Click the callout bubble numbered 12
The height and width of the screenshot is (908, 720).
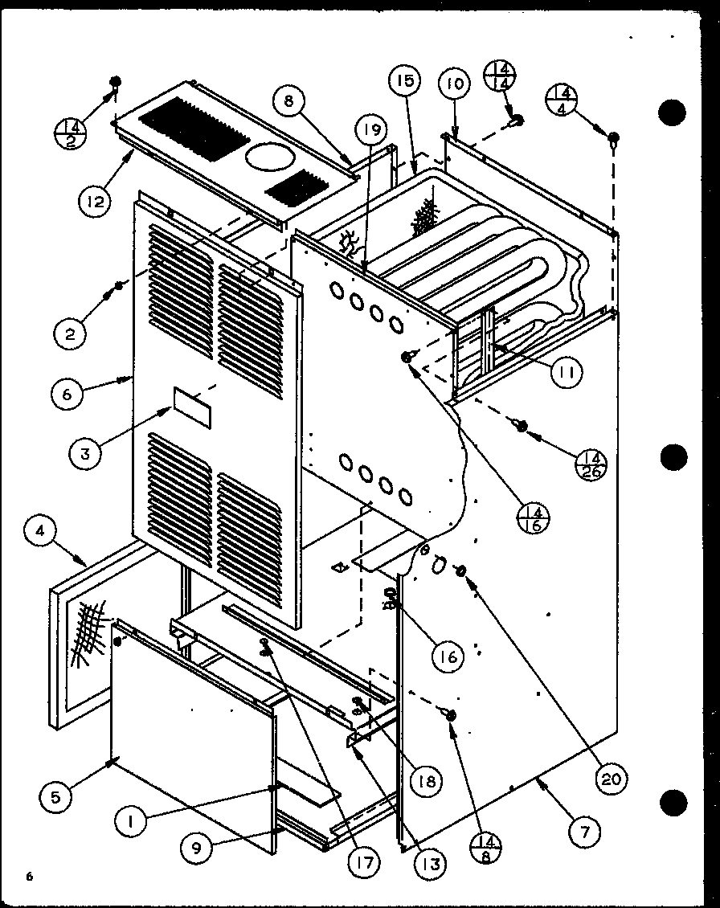tap(96, 201)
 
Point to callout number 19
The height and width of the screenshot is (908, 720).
tap(374, 129)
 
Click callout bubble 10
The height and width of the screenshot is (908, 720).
tap(454, 84)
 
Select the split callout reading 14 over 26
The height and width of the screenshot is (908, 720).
tap(592, 466)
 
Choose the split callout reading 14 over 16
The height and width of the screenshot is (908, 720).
tap(535, 517)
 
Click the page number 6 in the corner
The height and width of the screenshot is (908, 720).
tap(29, 877)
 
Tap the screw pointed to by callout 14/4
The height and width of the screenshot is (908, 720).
tap(613, 140)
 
